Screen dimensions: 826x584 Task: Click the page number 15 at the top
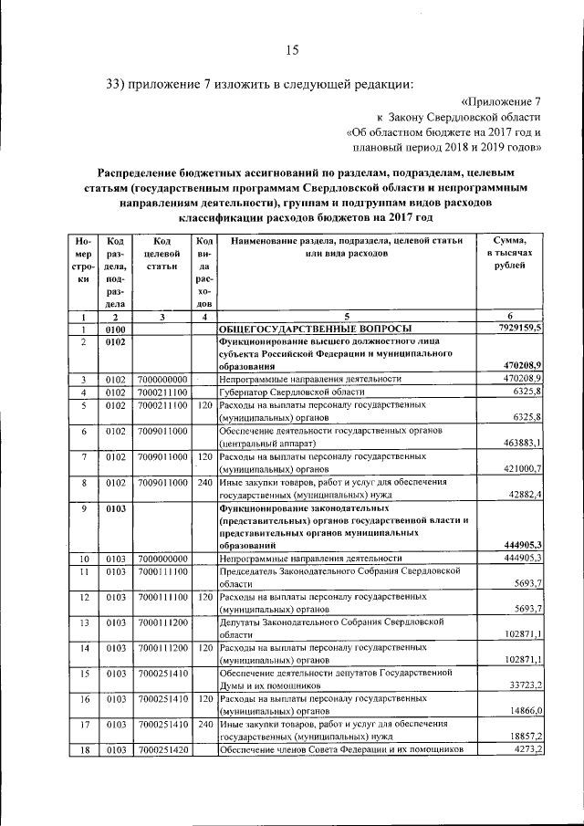click(292, 50)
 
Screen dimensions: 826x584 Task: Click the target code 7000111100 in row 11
click(162, 570)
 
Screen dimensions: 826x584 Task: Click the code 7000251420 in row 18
click(162, 749)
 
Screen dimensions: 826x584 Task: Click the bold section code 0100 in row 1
click(114, 329)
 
